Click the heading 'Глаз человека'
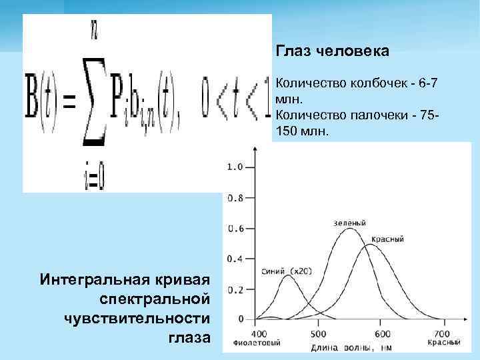click(332, 51)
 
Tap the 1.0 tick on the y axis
click(235, 167)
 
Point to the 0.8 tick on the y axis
click(235, 198)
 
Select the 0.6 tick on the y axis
click(235, 229)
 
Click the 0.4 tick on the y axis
click(235, 259)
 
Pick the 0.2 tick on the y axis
click(235, 289)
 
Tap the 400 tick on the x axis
click(259, 333)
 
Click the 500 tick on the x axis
click(318, 333)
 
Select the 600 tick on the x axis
click(382, 333)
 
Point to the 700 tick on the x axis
click(441, 333)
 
